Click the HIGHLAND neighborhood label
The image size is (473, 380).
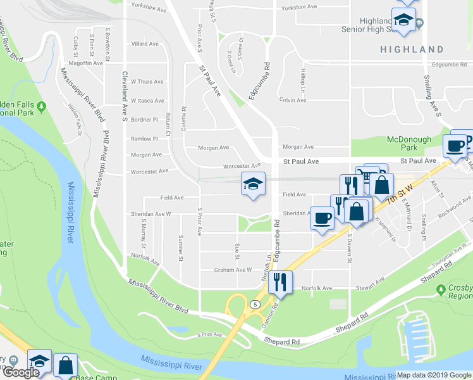click(x=412, y=49)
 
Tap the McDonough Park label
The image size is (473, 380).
click(x=409, y=143)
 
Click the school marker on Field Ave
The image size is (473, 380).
click(x=253, y=185)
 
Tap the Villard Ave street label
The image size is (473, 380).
click(x=144, y=44)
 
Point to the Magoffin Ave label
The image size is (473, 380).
click(x=86, y=63)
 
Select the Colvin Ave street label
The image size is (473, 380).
click(x=293, y=99)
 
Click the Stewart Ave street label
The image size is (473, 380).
click(x=369, y=284)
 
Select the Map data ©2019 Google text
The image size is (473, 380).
click(x=434, y=375)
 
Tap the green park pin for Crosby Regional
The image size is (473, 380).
click(x=441, y=289)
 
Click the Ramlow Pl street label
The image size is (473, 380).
click(x=144, y=139)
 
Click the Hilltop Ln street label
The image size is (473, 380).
click(x=303, y=79)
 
